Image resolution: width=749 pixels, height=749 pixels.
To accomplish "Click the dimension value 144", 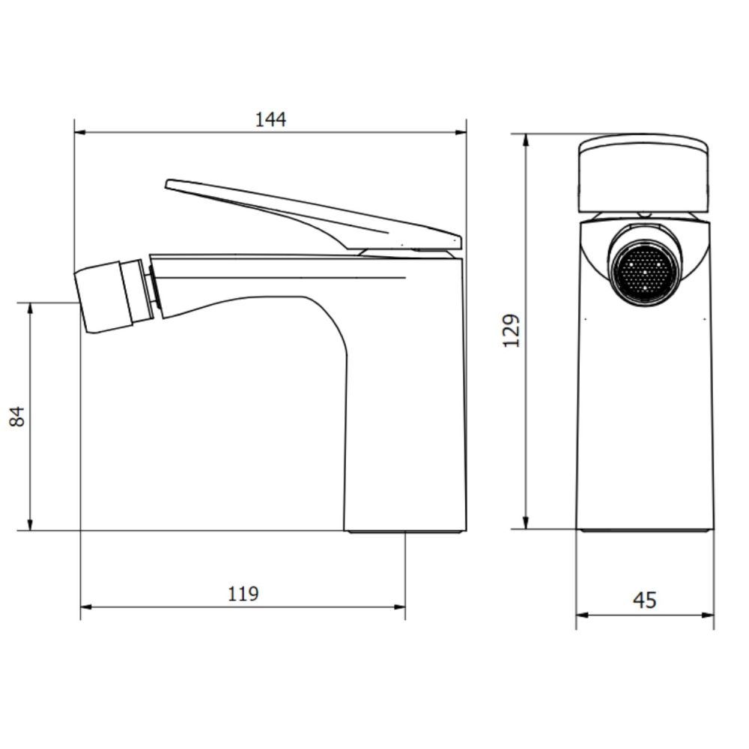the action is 271,119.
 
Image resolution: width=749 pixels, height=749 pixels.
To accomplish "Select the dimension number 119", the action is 243,594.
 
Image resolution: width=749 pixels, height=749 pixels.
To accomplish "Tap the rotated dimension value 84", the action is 17,416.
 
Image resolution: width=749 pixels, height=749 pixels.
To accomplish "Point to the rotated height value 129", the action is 511,330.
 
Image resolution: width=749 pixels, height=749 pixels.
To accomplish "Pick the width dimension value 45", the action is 645,600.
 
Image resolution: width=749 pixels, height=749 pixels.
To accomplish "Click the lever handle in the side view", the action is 313,216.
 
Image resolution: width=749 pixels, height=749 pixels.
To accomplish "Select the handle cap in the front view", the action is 643,175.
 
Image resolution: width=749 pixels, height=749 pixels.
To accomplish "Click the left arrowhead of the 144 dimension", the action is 80,133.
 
